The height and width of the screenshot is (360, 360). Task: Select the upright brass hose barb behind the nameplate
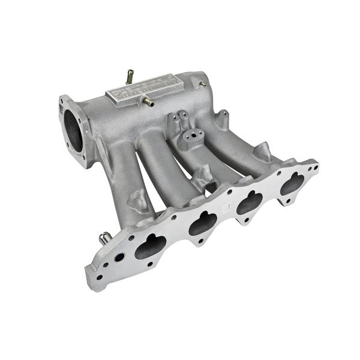tap(129, 77)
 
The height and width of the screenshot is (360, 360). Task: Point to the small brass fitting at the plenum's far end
tap(202, 83)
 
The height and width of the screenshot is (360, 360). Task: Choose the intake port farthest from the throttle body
tap(292, 182)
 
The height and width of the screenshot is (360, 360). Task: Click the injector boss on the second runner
tap(202, 176)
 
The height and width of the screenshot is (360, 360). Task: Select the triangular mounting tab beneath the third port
tap(245, 220)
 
